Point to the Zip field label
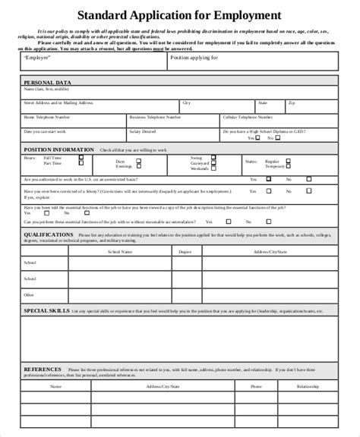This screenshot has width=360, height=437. click(x=292, y=102)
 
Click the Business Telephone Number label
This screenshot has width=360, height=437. click(x=155, y=118)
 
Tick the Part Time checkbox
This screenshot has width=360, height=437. click(x=81, y=163)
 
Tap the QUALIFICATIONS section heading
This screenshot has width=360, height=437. click(x=49, y=235)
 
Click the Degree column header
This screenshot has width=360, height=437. click(x=184, y=251)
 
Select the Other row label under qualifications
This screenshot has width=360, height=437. click(x=29, y=294)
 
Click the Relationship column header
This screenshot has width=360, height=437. click(x=308, y=385)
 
